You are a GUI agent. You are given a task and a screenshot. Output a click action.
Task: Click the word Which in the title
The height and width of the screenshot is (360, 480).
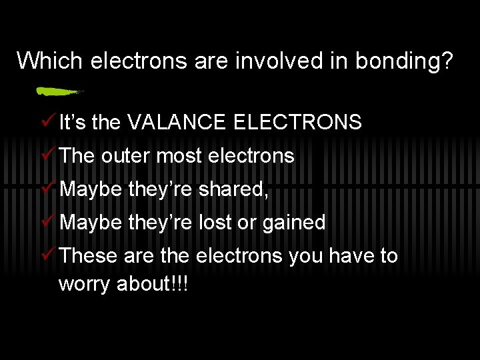coord(50,61)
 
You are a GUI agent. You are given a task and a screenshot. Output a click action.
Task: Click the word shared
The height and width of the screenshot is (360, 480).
coord(233,189)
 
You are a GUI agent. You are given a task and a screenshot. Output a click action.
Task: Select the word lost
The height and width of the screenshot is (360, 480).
coord(215,223)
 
